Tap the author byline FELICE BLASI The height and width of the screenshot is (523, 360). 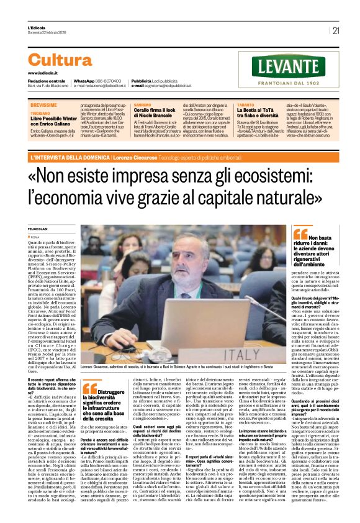39,229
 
